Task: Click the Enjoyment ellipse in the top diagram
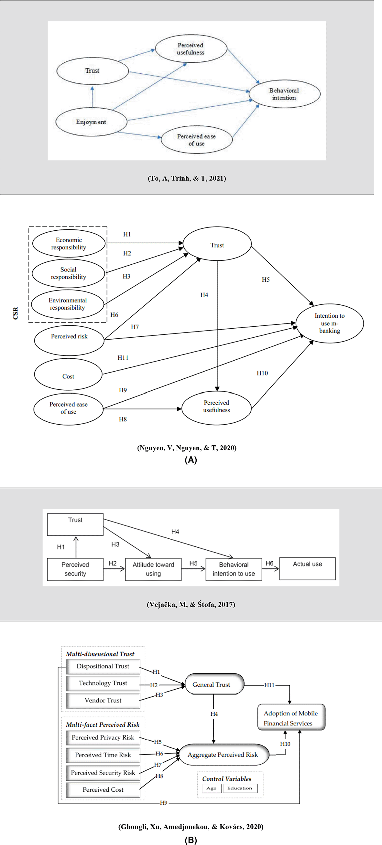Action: tap(91, 122)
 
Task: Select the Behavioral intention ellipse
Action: tap(284, 94)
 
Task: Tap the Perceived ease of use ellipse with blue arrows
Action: tap(197, 139)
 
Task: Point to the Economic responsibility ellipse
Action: tap(69, 243)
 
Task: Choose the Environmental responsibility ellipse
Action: tap(68, 304)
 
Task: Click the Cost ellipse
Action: tap(68, 374)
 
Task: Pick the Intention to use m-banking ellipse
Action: tap(330, 323)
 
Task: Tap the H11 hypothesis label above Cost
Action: tap(123, 358)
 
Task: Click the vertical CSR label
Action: tap(16, 313)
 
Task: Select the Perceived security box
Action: tap(75, 569)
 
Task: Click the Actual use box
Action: tap(307, 568)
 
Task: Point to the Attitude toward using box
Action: tap(153, 569)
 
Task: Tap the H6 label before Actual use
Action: tap(269, 563)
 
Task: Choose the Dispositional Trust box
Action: tap(103, 666)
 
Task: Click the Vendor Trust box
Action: tap(103, 700)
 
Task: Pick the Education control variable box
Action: tap(240, 788)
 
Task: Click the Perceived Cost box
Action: tap(103, 789)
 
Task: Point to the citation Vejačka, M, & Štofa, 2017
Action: tap(191, 604)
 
